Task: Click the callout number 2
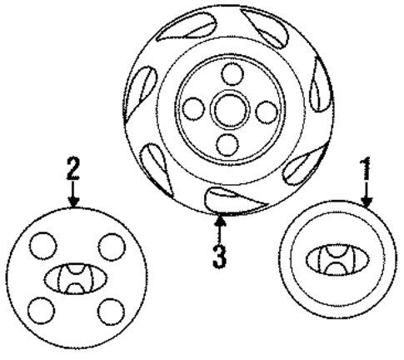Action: [73, 168]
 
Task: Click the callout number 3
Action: [220, 257]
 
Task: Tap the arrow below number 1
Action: [367, 195]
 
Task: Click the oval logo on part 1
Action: [337, 260]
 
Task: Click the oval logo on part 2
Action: [76, 278]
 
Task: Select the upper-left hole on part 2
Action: [43, 246]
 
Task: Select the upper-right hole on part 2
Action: [112, 247]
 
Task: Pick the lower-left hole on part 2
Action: [42, 311]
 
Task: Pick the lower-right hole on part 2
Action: [111, 312]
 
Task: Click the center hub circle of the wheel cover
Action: [230, 109]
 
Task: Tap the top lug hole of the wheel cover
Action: [232, 74]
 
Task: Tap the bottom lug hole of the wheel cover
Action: [227, 145]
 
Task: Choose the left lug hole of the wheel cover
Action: [193, 108]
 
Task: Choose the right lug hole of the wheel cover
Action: [267, 112]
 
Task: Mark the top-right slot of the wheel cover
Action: [266, 27]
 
